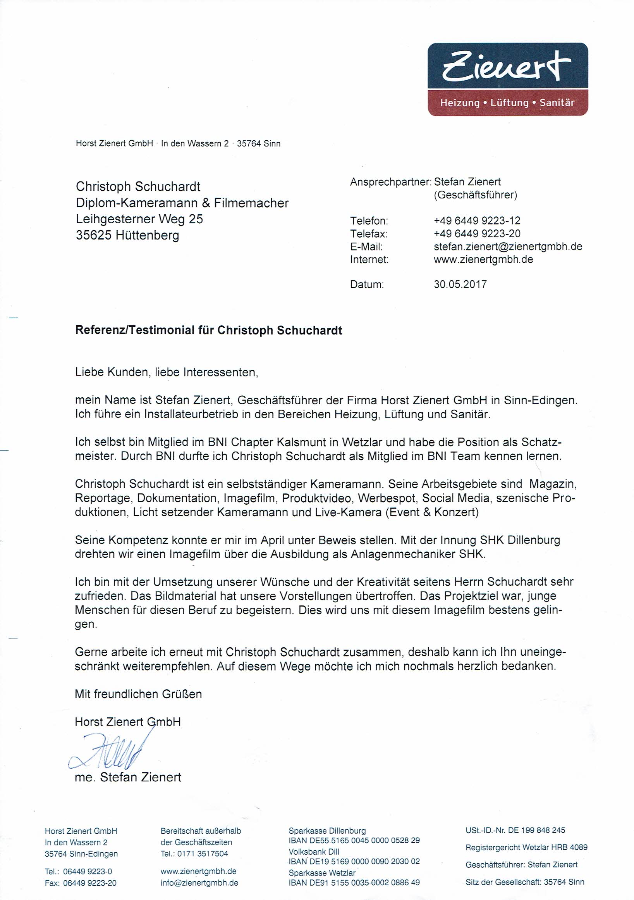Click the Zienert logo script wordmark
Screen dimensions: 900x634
point(507,67)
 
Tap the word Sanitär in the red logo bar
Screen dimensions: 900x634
point(557,103)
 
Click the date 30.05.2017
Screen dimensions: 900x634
point(460,284)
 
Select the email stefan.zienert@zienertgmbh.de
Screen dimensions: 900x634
point(508,247)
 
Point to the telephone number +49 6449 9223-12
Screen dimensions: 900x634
point(477,221)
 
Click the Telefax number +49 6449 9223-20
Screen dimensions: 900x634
point(477,234)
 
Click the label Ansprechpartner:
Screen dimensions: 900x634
point(390,182)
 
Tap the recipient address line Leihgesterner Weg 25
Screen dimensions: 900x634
point(139,219)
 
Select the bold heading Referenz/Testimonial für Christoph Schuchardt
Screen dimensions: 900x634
point(208,330)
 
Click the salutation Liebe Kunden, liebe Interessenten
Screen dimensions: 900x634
point(167,372)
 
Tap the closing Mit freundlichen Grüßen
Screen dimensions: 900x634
point(138,694)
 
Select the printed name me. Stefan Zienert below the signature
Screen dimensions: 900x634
point(128,777)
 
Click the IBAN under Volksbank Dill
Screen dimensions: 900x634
point(354,861)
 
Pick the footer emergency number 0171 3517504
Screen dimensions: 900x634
point(203,853)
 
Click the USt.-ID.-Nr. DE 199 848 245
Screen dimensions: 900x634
point(515,830)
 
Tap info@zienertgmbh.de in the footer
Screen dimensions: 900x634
point(199,883)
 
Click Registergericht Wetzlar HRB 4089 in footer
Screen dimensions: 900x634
point(526,847)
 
